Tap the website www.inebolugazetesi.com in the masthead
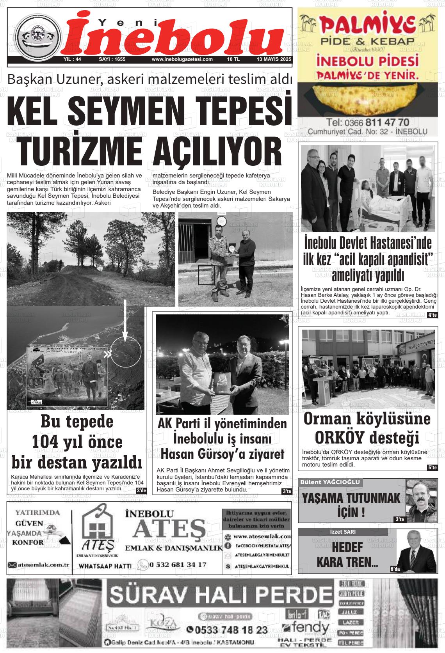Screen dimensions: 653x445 coord(182,60)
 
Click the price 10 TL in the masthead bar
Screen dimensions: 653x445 coord(233,60)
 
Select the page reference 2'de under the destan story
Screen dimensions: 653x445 coord(141,490)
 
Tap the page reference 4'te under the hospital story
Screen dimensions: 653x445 coord(432,315)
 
